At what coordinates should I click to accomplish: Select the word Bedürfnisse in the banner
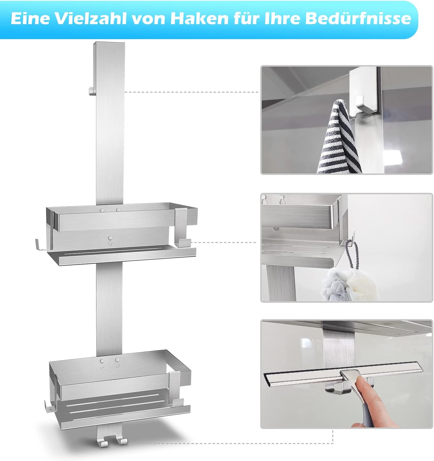(x=358, y=18)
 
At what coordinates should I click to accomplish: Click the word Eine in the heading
(x=30, y=18)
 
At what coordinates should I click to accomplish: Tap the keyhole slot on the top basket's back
(x=109, y=241)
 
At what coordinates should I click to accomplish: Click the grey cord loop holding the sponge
(x=351, y=253)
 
